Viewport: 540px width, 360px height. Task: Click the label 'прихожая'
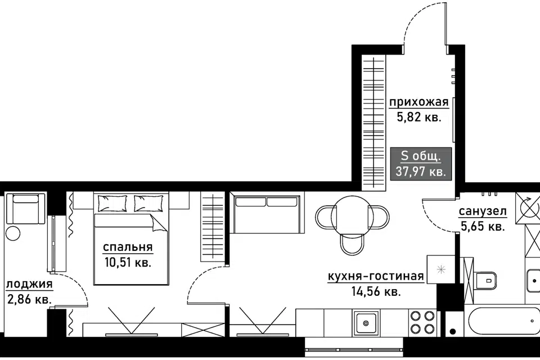click(x=418, y=102)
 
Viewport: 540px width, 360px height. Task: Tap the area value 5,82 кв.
click(x=418, y=118)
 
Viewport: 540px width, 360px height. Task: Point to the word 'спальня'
click(x=128, y=247)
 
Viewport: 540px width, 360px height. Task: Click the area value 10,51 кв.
click(x=128, y=263)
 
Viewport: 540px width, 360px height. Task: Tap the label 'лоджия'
click(x=29, y=285)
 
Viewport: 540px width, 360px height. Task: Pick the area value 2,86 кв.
click(x=29, y=299)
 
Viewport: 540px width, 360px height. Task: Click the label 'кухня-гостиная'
click(x=376, y=276)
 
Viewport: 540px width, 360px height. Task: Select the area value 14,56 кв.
click(x=376, y=292)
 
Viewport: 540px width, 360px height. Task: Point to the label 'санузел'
click(x=483, y=211)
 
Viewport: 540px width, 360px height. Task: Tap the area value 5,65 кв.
click(x=483, y=226)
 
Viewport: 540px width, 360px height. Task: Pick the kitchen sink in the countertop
click(x=366, y=323)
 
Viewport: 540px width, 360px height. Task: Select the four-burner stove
click(x=422, y=322)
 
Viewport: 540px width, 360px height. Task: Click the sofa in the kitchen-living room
click(x=267, y=213)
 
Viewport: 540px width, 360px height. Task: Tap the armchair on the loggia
click(x=26, y=209)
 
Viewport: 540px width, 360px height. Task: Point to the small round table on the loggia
click(x=13, y=233)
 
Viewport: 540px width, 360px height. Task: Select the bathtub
click(x=502, y=321)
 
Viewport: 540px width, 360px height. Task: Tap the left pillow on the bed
click(x=112, y=203)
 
